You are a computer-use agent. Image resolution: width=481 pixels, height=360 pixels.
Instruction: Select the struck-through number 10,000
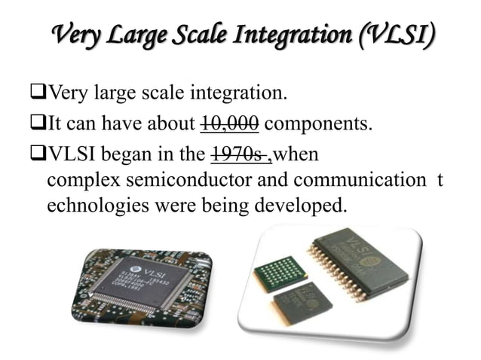(231, 124)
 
